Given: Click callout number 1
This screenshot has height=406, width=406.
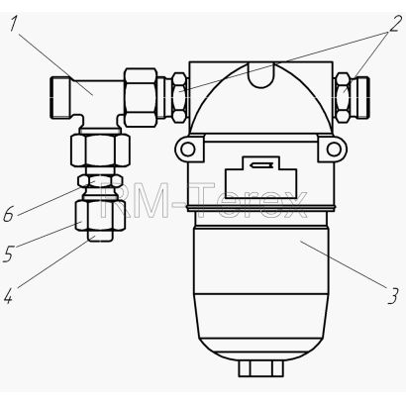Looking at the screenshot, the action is click(x=14, y=24).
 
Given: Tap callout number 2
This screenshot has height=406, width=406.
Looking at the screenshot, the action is click(x=393, y=24).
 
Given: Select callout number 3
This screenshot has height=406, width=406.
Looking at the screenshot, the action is click(x=392, y=295).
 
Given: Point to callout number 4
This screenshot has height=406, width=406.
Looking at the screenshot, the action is click(x=8, y=295).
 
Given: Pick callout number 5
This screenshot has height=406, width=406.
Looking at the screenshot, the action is click(x=8, y=254).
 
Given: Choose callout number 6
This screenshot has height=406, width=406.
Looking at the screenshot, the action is click(x=8, y=215).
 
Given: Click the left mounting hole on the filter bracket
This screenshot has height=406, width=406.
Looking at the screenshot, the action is click(x=188, y=150).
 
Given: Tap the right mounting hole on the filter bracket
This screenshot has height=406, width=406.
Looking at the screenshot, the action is click(x=334, y=150).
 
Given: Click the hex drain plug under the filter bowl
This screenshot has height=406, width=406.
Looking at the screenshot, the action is click(x=260, y=368).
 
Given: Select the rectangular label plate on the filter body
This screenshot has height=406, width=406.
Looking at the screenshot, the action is click(x=260, y=176).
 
